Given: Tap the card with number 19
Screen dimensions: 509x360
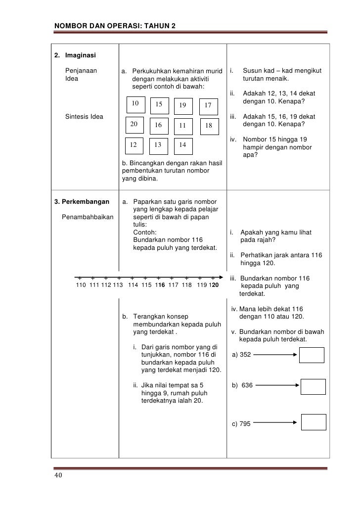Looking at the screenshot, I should [x=183, y=105].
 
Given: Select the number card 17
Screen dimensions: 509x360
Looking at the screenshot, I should [x=208, y=105].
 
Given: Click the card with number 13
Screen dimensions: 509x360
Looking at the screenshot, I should [x=158, y=145].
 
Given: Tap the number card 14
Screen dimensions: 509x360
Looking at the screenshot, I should [x=182, y=145].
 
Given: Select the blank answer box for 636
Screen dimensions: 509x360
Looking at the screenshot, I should [x=314, y=386].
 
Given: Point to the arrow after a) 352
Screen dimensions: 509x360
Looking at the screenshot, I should [x=270, y=355].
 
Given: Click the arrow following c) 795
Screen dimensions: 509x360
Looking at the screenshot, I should [x=275, y=422].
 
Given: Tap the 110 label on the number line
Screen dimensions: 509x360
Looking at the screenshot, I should [x=81, y=285].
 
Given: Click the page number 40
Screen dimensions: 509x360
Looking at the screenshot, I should [x=58, y=476].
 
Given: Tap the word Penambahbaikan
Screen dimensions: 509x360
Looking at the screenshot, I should [x=88, y=216].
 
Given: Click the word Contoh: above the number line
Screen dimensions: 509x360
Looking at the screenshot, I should [x=145, y=232].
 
